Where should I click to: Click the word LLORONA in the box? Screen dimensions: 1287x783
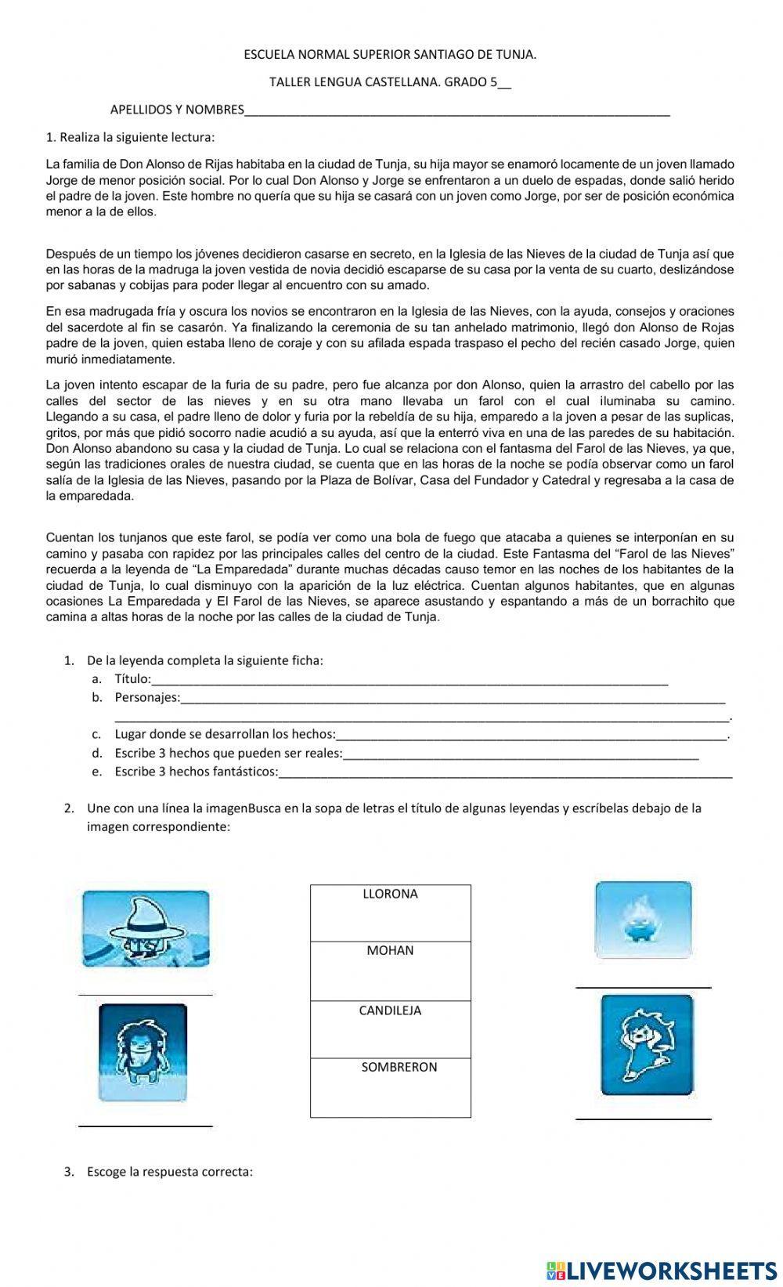[x=390, y=894]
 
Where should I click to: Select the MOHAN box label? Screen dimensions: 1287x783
[x=390, y=950]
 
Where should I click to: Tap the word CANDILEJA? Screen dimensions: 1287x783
[x=390, y=1010]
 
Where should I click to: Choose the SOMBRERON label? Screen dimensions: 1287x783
[x=399, y=1067]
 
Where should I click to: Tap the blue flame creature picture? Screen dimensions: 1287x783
[x=643, y=920]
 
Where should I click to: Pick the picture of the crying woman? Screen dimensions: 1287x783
[x=646, y=1045]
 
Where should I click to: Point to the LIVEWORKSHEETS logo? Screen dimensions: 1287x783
[x=662, y=1270]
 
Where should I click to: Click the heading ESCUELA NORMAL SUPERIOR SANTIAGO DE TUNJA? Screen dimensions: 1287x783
[x=390, y=55]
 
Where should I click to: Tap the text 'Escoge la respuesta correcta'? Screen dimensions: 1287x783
[x=170, y=1172]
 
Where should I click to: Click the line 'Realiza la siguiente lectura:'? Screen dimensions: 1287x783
[x=130, y=138]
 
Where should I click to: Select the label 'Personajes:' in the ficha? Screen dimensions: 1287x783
[x=147, y=697]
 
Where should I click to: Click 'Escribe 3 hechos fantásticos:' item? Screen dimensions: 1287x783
[x=196, y=772]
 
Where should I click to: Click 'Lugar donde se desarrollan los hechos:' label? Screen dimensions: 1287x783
[x=225, y=734]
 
